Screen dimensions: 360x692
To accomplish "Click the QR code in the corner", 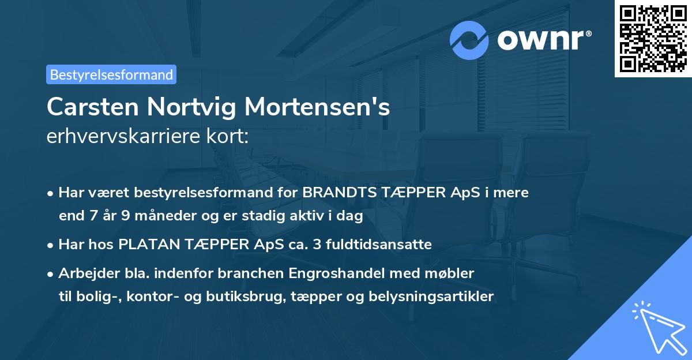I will (653, 39).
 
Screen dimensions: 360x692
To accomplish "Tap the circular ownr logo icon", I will (469, 40).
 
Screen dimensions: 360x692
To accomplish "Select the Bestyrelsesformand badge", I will (111, 74).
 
